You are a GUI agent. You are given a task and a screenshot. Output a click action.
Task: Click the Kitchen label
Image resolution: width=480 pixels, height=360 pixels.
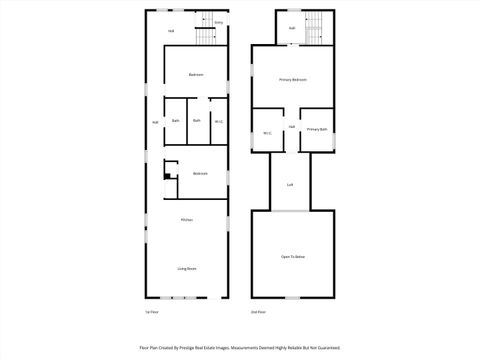pyautogui.click(x=186, y=220)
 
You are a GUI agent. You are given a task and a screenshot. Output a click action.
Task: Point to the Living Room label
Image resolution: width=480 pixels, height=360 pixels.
pyautogui.click(x=186, y=268)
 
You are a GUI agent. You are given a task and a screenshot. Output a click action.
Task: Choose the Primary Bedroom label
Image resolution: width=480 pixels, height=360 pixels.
pyautogui.click(x=292, y=79)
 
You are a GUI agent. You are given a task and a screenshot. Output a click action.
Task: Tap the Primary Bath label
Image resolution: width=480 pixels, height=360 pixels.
pyautogui.click(x=316, y=130)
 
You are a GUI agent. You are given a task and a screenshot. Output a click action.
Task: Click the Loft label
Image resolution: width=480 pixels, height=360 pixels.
pyautogui.click(x=290, y=185)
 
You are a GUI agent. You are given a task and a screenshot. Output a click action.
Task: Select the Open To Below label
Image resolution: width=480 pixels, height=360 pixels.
pyautogui.click(x=292, y=257)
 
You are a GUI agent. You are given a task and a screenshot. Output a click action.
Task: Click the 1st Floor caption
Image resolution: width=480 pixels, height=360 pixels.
pyautogui.click(x=152, y=311)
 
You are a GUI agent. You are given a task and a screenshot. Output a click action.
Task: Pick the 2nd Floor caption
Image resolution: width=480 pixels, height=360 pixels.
pyautogui.click(x=258, y=311)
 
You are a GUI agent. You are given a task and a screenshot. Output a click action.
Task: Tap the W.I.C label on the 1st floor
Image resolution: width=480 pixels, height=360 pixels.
pyautogui.click(x=218, y=121)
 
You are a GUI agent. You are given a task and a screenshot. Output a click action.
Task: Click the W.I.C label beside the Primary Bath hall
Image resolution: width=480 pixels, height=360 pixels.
pyautogui.click(x=267, y=133)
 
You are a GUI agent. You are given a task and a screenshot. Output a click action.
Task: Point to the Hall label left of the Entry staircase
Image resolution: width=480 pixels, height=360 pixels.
pyautogui.click(x=171, y=31)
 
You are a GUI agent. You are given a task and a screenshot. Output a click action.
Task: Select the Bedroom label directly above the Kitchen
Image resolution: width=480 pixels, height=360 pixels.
pyautogui.click(x=200, y=173)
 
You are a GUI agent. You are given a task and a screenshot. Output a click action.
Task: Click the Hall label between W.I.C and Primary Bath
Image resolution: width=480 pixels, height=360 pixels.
pyautogui.click(x=291, y=127)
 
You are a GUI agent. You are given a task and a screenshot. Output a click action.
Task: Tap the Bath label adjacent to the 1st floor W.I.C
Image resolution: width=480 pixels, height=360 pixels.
pyautogui.click(x=197, y=121)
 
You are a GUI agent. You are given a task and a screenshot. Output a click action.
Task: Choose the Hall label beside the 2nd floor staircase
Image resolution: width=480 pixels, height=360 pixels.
pyautogui.click(x=291, y=28)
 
